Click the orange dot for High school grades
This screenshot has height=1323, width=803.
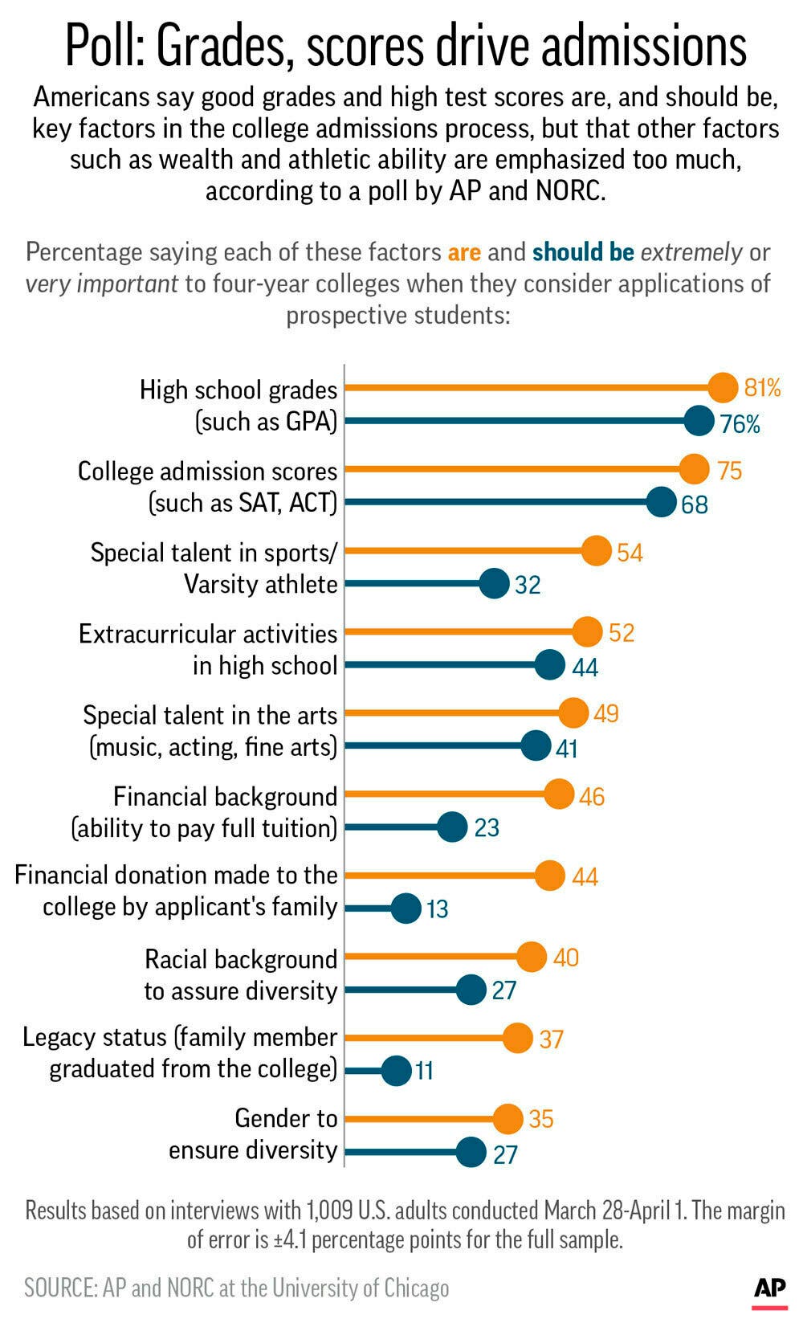click(x=723, y=388)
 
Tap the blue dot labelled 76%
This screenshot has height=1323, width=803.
click(x=699, y=421)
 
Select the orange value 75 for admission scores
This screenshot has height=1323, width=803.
click(x=730, y=470)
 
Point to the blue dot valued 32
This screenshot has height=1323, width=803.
click(x=494, y=584)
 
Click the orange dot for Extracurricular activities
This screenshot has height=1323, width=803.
click(x=588, y=632)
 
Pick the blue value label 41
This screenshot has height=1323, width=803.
click(x=567, y=749)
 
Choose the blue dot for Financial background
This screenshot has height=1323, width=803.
click(x=453, y=827)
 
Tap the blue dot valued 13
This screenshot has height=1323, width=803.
click(x=406, y=909)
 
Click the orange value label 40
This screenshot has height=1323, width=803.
click(x=566, y=958)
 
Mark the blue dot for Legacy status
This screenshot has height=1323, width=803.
click(x=396, y=1070)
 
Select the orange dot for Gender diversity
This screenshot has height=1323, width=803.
click(x=507, y=1119)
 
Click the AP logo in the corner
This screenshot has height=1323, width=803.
click(x=769, y=1289)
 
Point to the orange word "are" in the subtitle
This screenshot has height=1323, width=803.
click(x=464, y=252)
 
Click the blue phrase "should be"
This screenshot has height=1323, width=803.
click(x=583, y=252)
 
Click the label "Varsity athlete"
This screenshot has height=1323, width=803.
click(x=260, y=584)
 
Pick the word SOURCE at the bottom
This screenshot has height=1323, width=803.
click(x=59, y=1288)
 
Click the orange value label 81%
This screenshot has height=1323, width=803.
click(x=762, y=389)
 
